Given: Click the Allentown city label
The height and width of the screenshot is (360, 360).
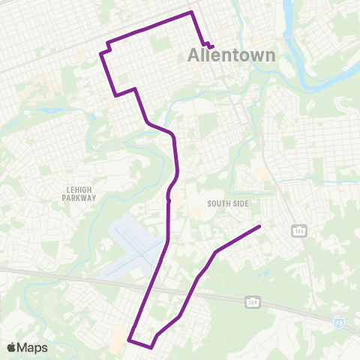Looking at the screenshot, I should (x=231, y=55).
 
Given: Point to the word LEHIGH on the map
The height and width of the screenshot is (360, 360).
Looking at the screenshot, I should (x=79, y=190).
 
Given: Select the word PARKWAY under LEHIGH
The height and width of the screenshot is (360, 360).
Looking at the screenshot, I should (x=79, y=199).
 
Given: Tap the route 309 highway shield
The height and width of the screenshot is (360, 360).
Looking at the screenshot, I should (x=252, y=301).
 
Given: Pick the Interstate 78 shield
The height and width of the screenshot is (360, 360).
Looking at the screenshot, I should (x=339, y=321).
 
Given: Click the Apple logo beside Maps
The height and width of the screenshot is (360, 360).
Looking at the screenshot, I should (x=11, y=347).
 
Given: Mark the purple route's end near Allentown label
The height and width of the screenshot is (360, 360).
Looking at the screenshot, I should (x=212, y=47).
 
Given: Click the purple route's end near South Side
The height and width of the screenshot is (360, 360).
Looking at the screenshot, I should (x=259, y=226).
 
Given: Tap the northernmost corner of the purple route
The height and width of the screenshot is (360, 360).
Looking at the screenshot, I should (x=193, y=12).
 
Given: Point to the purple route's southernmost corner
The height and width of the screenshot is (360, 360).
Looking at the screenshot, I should (x=151, y=347).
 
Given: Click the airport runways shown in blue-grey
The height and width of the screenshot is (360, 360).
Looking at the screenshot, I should (x=135, y=244).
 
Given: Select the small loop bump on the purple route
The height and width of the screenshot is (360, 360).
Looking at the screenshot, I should (x=169, y=199).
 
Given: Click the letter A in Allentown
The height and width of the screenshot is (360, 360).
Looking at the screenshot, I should (x=193, y=55).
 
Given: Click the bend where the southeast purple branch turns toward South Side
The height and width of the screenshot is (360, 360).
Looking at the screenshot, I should (x=216, y=251).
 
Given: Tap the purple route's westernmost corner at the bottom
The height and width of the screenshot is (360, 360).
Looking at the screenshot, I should (x=129, y=340).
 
